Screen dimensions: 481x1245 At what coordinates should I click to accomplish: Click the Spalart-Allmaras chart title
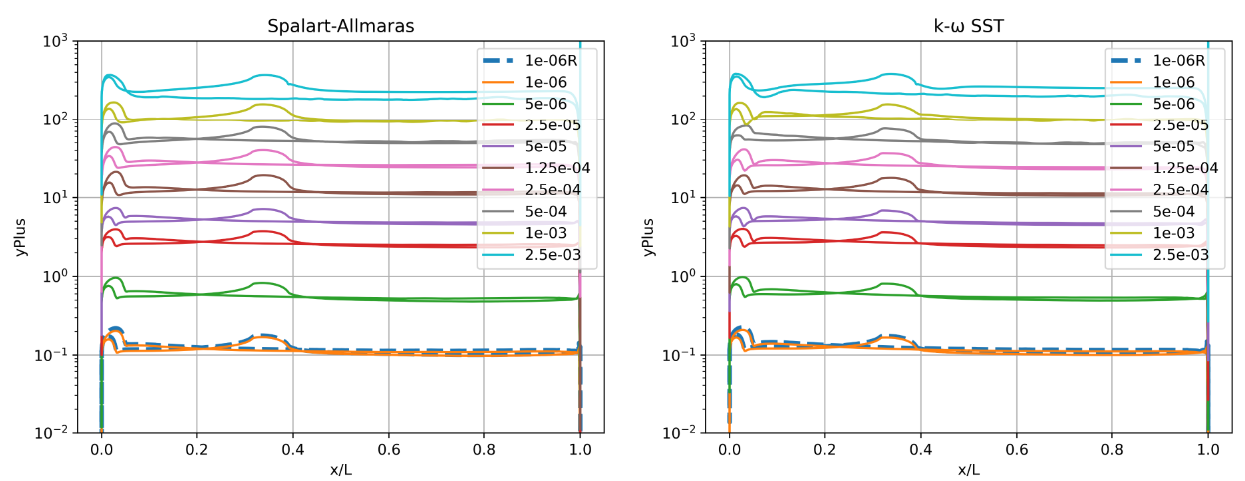point(340,26)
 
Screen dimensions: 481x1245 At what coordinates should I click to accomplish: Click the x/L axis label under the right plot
point(968,469)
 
